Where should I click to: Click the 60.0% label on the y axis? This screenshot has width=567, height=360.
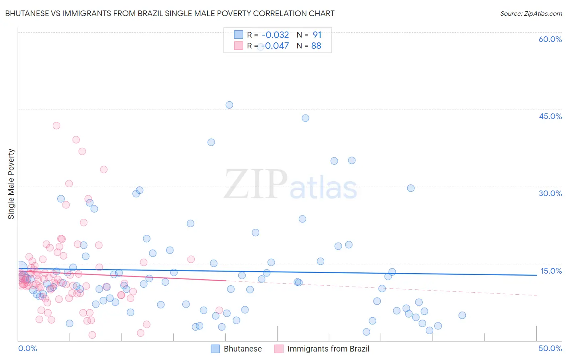(550, 39)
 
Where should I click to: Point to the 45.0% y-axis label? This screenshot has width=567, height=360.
(550, 116)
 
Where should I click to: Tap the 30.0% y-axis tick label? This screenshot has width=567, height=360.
(550, 193)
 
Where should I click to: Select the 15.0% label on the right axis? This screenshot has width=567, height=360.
(551, 271)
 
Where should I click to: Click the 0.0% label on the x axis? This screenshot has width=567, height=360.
(27, 348)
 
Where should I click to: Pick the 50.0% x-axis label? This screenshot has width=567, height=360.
(550, 348)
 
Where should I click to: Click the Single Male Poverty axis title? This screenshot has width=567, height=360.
(11, 184)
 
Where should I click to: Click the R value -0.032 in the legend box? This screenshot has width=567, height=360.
(275, 35)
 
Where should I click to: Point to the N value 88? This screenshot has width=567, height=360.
(316, 46)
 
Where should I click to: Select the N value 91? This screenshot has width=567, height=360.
(317, 35)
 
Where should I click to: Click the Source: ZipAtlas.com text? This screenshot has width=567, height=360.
(531, 14)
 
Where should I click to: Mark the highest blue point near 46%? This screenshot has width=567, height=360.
(229, 105)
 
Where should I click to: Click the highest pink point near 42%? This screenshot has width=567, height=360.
(56, 126)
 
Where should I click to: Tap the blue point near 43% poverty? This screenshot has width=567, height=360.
(305, 118)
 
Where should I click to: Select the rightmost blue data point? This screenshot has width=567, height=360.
(462, 315)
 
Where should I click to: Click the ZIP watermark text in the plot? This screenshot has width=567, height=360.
(256, 184)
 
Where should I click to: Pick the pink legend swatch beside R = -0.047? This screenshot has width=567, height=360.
(238, 46)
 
